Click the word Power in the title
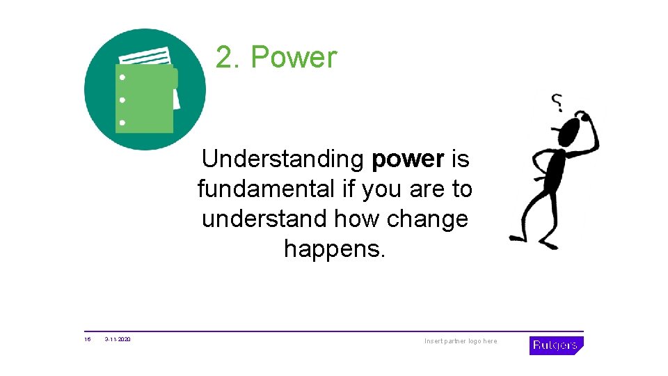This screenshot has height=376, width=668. coord(294,58)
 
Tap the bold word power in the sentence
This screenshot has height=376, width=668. coord(408,159)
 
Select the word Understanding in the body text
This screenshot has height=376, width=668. coord(283,159)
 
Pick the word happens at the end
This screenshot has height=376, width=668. coord(334,248)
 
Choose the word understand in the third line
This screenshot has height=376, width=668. coord(264,219)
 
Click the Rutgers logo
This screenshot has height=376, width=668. coord(556,345)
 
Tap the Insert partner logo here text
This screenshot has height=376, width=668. coord(461,341)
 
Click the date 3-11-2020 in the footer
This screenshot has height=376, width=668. coord(118,340)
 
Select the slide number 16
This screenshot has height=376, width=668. coord(88,340)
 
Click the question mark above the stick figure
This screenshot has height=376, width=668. coord(558,102)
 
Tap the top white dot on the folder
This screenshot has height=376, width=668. coord(122,77)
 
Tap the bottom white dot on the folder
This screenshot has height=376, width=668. coord(122,123)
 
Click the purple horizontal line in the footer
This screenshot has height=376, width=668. coord(334,331)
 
